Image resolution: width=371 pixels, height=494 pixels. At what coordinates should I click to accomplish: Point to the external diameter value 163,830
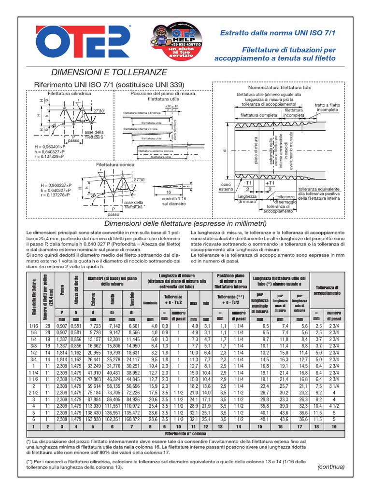(x=94, y=420)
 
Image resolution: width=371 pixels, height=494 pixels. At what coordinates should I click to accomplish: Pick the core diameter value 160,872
(x=131, y=420)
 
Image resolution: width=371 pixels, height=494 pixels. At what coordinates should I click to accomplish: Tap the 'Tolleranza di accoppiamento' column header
(x=327, y=290)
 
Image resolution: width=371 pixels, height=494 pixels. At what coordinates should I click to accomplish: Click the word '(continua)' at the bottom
(x=331, y=467)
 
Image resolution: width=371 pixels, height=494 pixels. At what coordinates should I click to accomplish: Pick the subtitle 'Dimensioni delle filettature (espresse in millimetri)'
(x=185, y=224)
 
